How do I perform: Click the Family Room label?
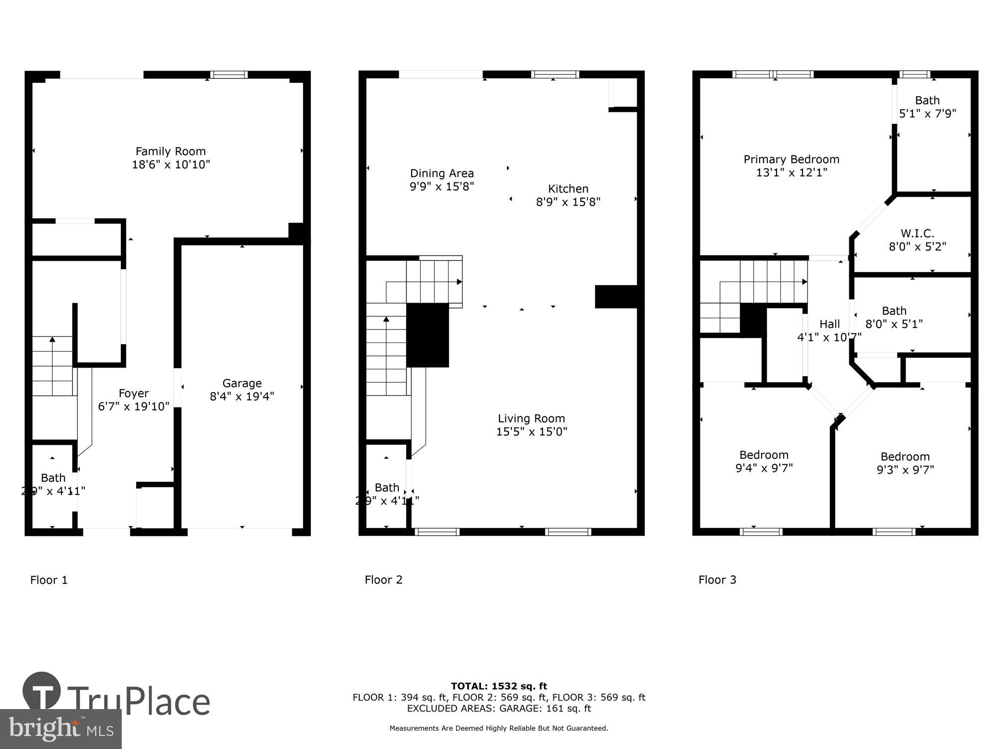pyautogui.click(x=171, y=151)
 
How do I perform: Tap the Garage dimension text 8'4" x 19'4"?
pyautogui.click(x=242, y=396)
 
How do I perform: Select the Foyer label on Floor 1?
pyautogui.click(x=133, y=393)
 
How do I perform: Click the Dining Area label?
pyautogui.click(x=442, y=173)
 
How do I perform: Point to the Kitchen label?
pyautogui.click(x=568, y=189)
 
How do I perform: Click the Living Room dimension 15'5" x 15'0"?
pyautogui.click(x=531, y=431)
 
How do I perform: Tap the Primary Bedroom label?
pyautogui.click(x=791, y=159)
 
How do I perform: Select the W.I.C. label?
pyautogui.click(x=917, y=233)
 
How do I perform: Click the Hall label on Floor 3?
pyautogui.click(x=829, y=324)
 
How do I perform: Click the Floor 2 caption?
pyautogui.click(x=383, y=580)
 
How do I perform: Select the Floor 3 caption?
pyautogui.click(x=717, y=580)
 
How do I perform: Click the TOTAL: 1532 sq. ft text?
pyautogui.click(x=499, y=686)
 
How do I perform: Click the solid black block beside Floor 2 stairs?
pyautogui.click(x=428, y=335)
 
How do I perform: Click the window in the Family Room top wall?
pyautogui.click(x=229, y=75)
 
